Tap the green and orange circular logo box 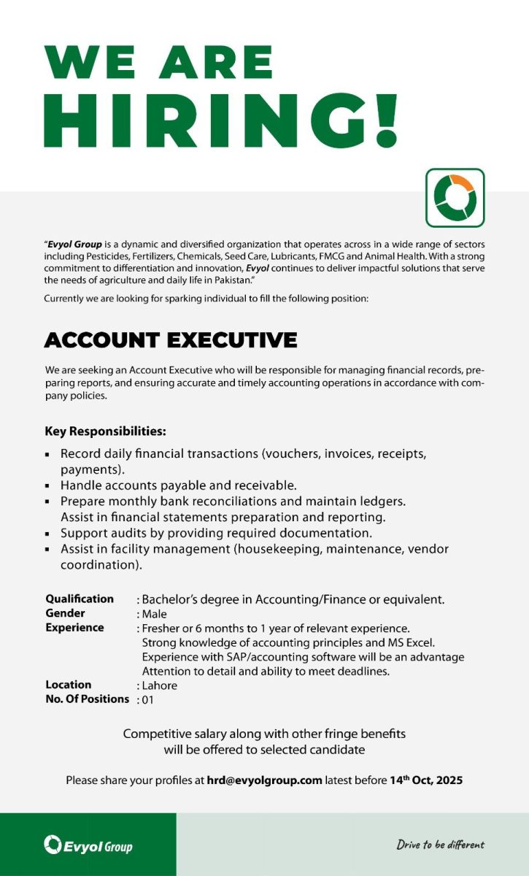(x=455, y=198)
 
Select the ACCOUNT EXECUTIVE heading (x=171, y=340)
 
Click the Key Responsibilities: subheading (x=105, y=431)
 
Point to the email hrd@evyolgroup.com (x=263, y=780)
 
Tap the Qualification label (x=80, y=599)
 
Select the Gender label (x=65, y=613)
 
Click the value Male (x=155, y=614)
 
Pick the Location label (x=69, y=685)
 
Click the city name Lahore (x=160, y=685)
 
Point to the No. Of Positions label (x=87, y=699)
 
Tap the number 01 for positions (x=148, y=700)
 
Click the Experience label (x=74, y=628)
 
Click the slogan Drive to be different (x=440, y=845)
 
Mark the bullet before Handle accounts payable (x=47, y=485)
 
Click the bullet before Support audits (x=47, y=534)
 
